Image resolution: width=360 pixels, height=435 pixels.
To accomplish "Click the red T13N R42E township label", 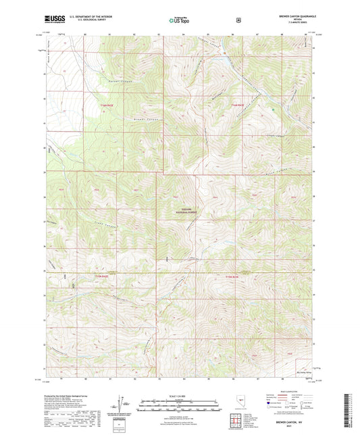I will click(x=99, y=276).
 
